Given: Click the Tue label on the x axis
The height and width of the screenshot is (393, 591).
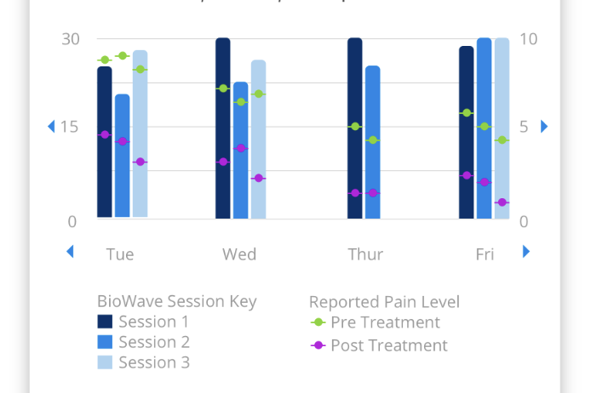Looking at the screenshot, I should [x=120, y=254].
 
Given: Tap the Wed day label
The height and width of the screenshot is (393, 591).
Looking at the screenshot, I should [x=239, y=254].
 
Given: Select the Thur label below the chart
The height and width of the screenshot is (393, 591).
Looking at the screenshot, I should [x=365, y=254].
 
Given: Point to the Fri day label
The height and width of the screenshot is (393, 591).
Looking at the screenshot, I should [x=485, y=254].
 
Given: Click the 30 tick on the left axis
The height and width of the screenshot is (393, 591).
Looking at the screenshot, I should [x=70, y=39].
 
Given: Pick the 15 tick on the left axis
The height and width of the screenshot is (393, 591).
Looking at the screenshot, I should [x=70, y=127].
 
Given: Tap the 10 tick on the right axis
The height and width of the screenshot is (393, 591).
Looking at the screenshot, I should [x=528, y=39].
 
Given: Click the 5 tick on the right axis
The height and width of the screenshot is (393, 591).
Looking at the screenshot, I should [x=524, y=127].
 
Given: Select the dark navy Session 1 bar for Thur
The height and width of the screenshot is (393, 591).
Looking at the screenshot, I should [x=354, y=128].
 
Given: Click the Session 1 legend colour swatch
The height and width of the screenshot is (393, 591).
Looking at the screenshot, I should [x=105, y=322].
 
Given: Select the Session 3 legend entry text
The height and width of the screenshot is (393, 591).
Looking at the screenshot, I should [x=154, y=362].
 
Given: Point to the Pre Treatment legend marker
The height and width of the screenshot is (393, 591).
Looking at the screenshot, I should [x=318, y=322].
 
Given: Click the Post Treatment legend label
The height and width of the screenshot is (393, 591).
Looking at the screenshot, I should [x=388, y=345].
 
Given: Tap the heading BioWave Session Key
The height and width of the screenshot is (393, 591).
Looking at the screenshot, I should [x=176, y=301].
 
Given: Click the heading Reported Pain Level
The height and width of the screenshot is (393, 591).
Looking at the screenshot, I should [x=384, y=302].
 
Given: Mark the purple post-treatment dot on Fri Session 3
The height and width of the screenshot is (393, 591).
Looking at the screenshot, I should [x=502, y=202].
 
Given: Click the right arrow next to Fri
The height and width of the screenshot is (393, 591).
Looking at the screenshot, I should [x=526, y=252].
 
